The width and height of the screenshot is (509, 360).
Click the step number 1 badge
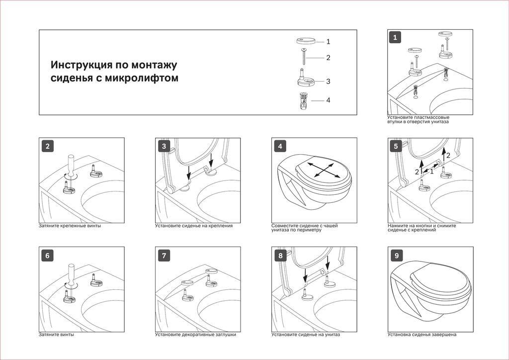click(395, 37)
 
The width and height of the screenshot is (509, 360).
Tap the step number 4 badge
click(280, 146)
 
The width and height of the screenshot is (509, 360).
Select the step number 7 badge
click(164, 256)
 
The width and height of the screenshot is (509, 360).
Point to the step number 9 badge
click(396, 256)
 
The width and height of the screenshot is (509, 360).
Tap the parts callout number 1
click(328, 42)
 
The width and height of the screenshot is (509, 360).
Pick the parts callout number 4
click(328, 100)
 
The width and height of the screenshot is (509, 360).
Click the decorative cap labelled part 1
click(304, 42)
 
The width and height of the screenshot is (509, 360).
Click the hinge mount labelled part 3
click(304, 79)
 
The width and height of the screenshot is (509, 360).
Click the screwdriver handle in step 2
click(71, 163)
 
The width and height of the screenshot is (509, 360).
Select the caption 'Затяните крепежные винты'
click(70, 226)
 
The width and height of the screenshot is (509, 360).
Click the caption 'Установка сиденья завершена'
click(422, 335)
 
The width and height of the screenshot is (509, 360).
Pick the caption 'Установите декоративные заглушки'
click(195, 335)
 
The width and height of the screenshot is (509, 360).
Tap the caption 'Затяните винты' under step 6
click(57, 335)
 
